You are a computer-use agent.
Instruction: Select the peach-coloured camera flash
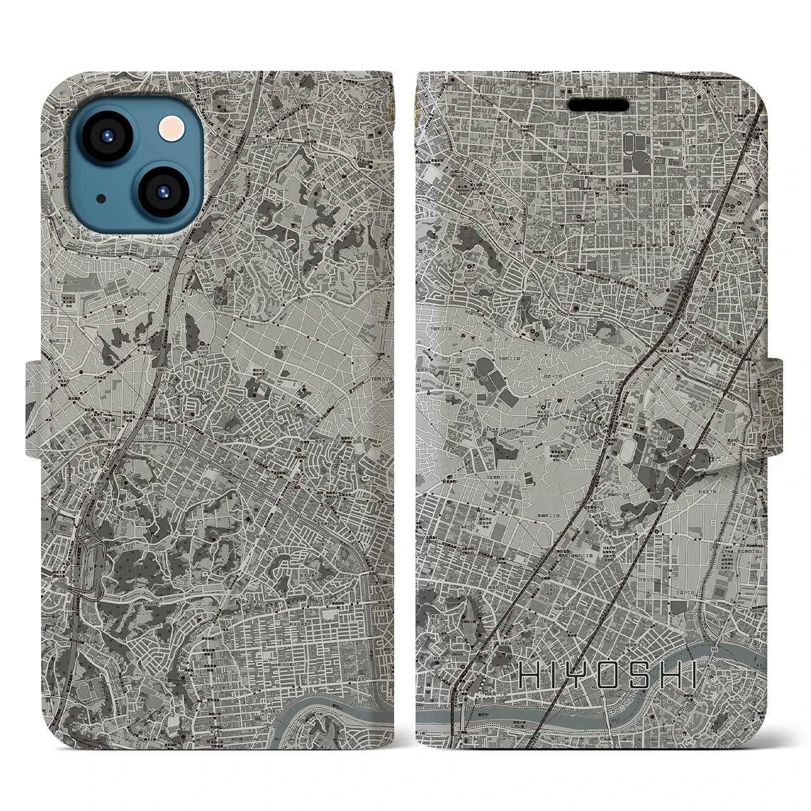pyautogui.click(x=169, y=130)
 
